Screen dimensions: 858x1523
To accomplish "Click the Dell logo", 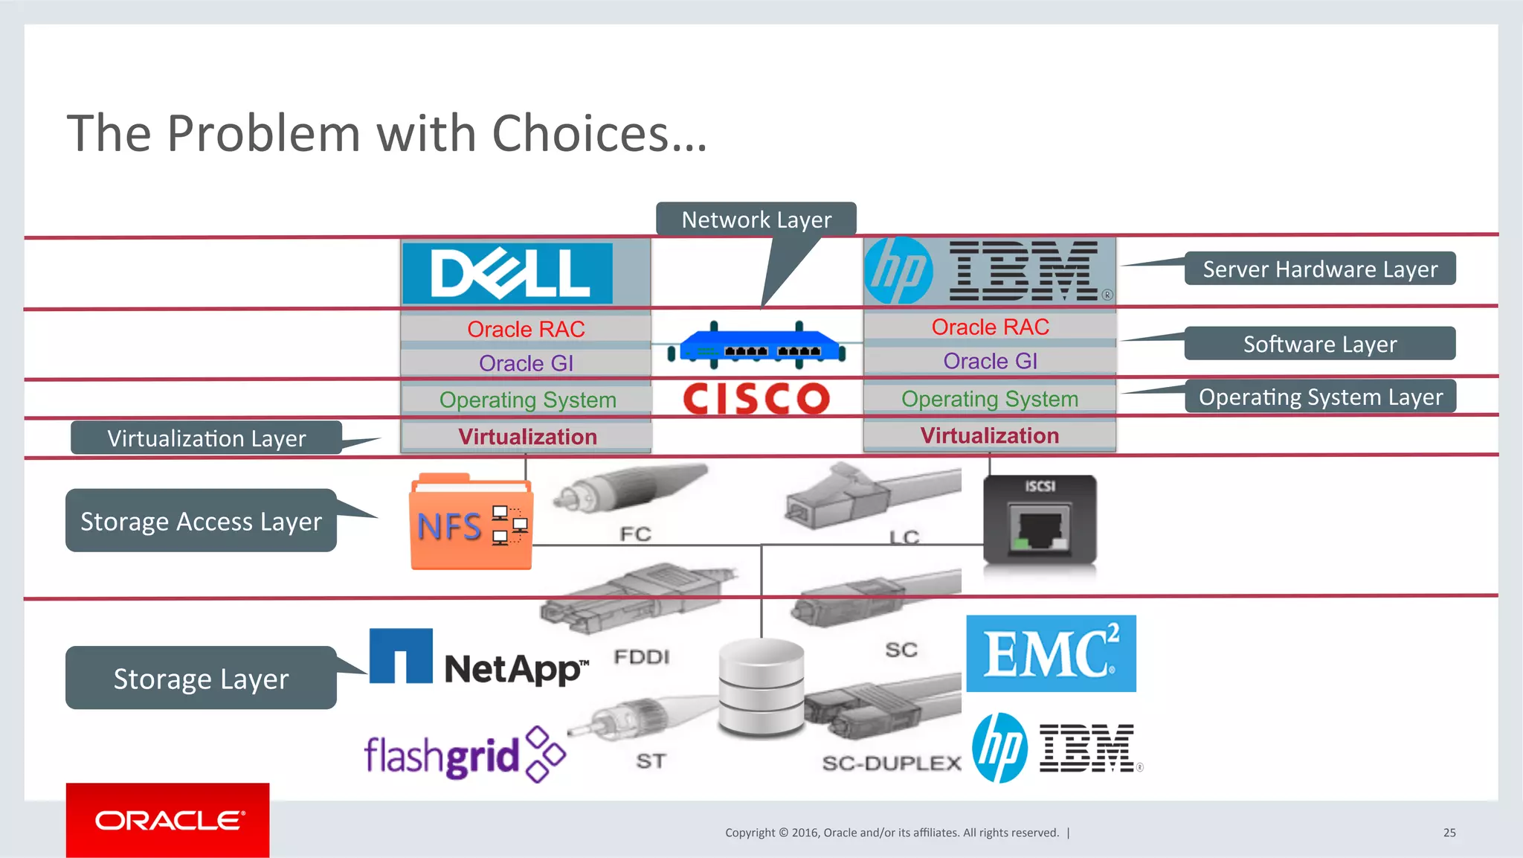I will click(508, 273).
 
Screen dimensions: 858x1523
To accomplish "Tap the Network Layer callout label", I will click(756, 220).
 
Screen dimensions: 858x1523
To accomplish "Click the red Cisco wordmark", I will click(756, 398).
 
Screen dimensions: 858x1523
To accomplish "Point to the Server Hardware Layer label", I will click(1319, 269).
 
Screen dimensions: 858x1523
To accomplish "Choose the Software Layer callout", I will click(1319, 344).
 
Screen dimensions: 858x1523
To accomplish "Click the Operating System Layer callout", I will click(1319, 397).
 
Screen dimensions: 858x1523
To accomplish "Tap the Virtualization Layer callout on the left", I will click(206, 438).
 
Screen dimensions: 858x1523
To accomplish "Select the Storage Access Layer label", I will click(201, 521).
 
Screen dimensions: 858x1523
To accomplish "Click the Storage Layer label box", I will click(201, 678).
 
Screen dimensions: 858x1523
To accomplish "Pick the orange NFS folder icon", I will click(471, 523).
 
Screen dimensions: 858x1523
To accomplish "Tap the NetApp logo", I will click(479, 659).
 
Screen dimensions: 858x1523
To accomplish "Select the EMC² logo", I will click(1051, 653).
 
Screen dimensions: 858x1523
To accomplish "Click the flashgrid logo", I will click(464, 755).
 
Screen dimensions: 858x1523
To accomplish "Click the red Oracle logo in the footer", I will click(168, 820).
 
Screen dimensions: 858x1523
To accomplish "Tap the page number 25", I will click(1449, 833).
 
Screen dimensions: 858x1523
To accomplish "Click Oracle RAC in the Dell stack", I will click(526, 329).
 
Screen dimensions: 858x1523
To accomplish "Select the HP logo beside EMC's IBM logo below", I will click(999, 748).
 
